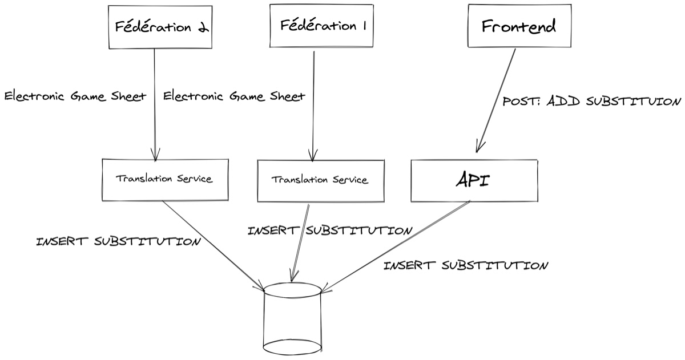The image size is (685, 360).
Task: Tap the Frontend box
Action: (x=518, y=27)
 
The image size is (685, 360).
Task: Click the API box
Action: (x=473, y=180)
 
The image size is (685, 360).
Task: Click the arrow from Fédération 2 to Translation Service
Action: (x=155, y=103)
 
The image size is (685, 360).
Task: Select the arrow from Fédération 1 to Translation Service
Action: (x=313, y=103)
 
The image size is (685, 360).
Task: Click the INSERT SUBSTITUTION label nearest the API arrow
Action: (x=465, y=265)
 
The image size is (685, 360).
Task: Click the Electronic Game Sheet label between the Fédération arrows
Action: (x=234, y=96)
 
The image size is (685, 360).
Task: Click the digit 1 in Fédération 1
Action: (x=364, y=26)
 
